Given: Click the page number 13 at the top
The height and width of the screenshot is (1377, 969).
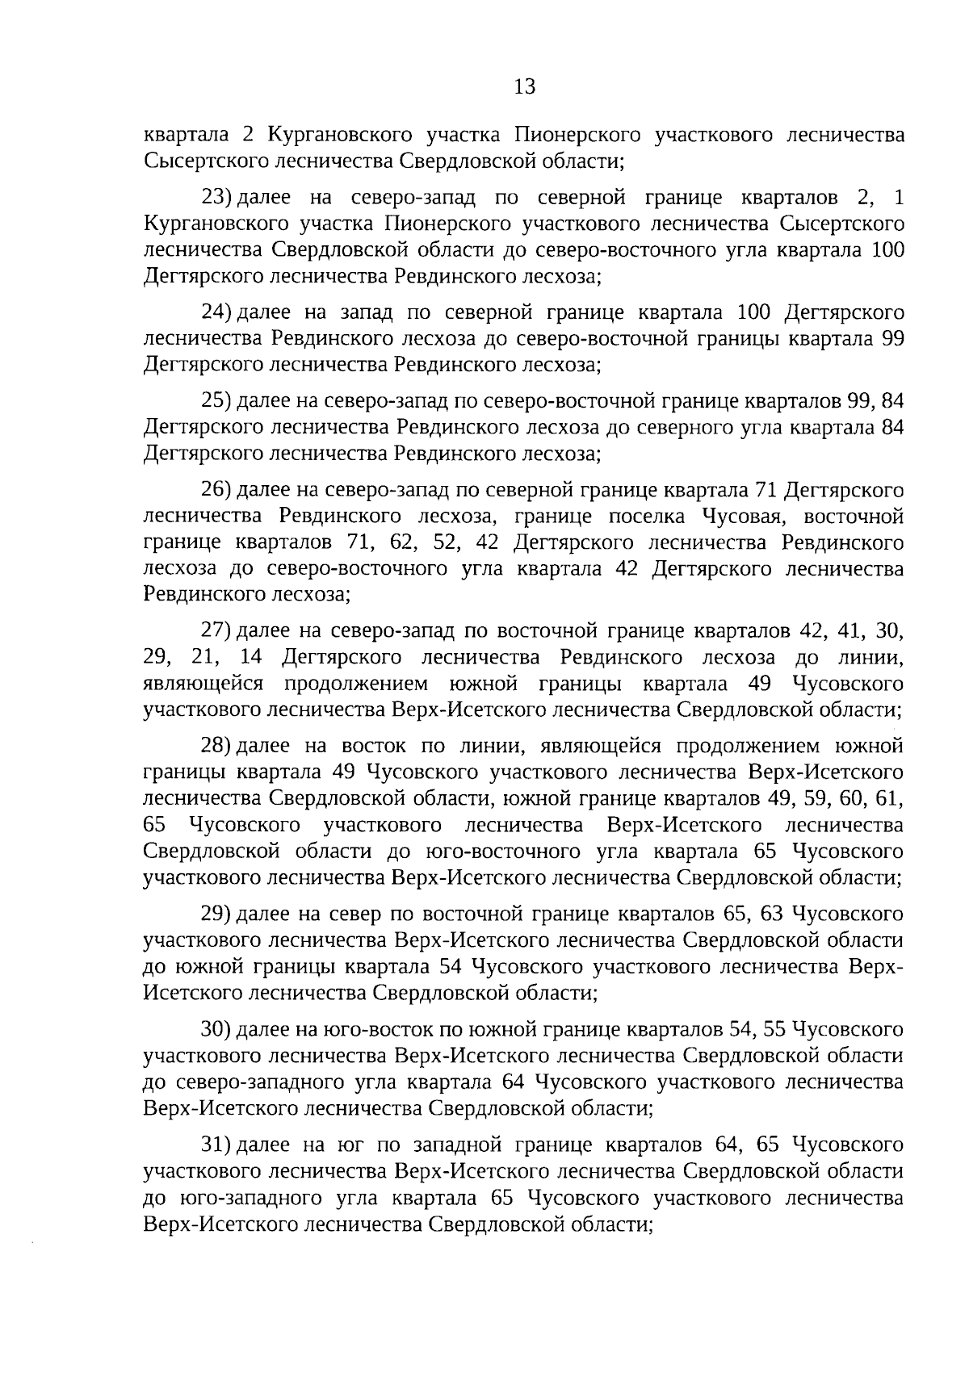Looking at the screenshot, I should click(524, 86).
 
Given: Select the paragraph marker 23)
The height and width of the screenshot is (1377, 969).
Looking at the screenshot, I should click(216, 199).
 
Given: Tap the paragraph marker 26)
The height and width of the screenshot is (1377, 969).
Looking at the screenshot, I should click(216, 489).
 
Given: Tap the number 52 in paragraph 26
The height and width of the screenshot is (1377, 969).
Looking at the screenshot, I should click(445, 543).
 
